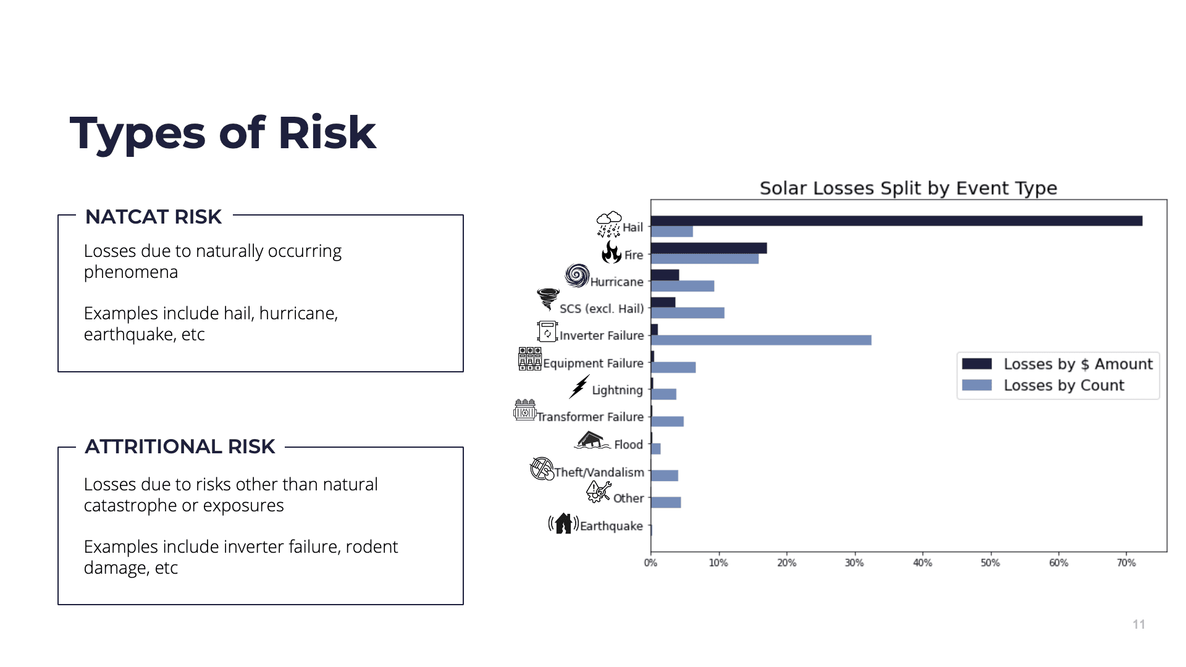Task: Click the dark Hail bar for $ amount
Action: [896, 220]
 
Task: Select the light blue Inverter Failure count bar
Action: [761, 340]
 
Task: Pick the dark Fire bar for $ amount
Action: [709, 248]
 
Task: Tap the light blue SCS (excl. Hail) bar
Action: [688, 313]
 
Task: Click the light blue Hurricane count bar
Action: [683, 286]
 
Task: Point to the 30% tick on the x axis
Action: [854, 554]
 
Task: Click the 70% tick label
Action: [1126, 563]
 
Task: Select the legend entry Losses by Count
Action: [1064, 385]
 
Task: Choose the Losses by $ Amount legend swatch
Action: [977, 364]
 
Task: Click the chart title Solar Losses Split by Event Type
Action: [908, 188]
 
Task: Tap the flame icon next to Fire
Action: [612, 252]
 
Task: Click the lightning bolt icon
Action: [579, 387]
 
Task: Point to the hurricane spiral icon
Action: [577, 275]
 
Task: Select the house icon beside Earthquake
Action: [563, 523]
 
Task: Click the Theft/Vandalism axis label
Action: [599, 472]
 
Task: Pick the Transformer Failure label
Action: [591, 417]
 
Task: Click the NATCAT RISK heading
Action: [153, 217]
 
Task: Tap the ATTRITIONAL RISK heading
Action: [180, 447]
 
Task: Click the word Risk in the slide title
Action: [327, 133]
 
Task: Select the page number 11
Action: [1139, 624]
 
